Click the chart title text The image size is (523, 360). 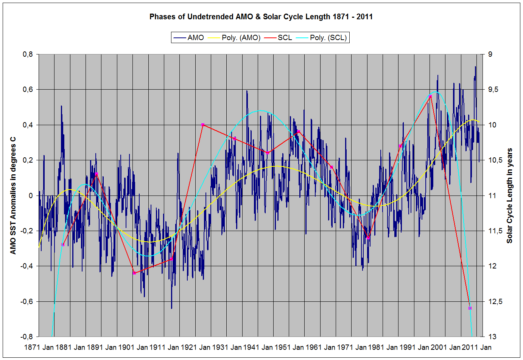pyautogui.click(x=261, y=17)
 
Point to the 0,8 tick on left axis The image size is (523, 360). pyautogui.click(x=28, y=54)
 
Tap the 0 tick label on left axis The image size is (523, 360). pyautogui.click(x=31, y=196)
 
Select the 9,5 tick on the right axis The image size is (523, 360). pyautogui.click(x=493, y=90)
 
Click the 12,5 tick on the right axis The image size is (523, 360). pyautogui.click(x=495, y=301)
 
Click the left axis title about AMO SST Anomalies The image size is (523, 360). pyautogui.click(x=13, y=196)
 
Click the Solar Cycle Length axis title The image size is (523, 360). pyautogui.click(x=510, y=196)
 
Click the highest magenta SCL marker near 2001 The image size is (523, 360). pyautogui.click(x=430, y=97)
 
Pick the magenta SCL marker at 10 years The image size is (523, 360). pyautogui.click(x=203, y=124)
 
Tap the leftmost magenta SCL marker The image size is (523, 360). pyautogui.click(x=63, y=245)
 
